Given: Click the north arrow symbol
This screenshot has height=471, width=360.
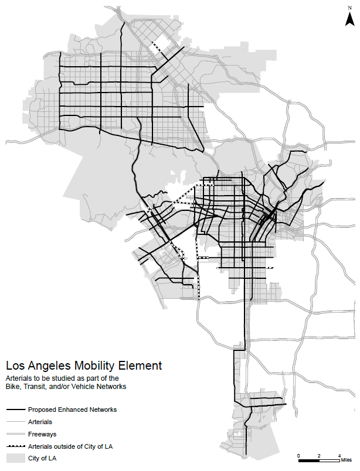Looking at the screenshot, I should click(348, 21).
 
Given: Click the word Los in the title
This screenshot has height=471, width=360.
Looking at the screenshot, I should click(16, 366).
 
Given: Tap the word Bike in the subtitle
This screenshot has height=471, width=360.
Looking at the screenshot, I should click(13, 387).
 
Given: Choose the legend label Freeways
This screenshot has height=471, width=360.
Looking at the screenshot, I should click(41, 434).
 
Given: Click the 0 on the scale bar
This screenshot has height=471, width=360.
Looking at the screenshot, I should click(298, 455).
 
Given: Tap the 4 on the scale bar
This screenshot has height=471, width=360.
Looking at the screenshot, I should click(339, 455).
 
